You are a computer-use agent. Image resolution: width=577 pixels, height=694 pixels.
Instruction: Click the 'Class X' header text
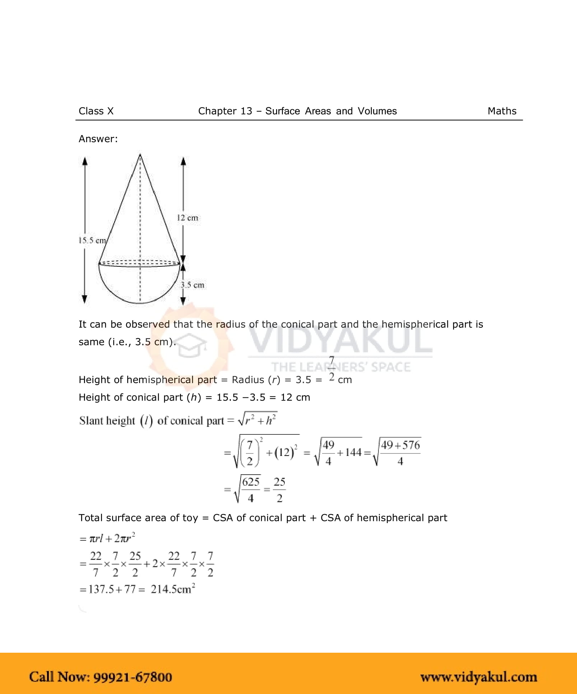[x=96, y=111]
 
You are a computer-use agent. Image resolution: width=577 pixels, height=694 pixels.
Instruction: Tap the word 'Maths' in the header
[x=502, y=111]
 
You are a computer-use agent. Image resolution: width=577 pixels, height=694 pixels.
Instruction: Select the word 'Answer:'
[x=98, y=139]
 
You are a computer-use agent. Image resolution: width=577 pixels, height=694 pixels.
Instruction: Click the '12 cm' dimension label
[x=187, y=218]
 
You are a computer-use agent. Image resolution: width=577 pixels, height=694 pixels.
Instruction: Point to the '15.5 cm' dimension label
[x=92, y=241]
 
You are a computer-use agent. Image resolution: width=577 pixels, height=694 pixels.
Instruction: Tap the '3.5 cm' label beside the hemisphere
[x=192, y=285]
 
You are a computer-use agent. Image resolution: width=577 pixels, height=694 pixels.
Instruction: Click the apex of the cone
[x=140, y=155]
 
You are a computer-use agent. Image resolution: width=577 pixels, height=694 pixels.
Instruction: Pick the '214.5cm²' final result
[x=173, y=589]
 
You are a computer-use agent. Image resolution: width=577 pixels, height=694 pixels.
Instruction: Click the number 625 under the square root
[x=251, y=482]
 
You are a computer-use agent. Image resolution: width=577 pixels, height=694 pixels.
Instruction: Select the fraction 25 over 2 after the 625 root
[x=279, y=490]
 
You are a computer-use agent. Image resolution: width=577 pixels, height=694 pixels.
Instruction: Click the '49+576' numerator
[x=400, y=445]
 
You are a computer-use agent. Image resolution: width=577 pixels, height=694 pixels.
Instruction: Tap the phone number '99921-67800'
[x=132, y=677]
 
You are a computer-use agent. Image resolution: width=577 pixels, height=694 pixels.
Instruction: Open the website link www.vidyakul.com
[x=479, y=677]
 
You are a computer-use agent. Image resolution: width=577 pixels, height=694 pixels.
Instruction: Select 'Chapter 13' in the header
[x=225, y=111]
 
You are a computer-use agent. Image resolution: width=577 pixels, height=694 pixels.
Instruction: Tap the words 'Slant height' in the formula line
[x=107, y=421]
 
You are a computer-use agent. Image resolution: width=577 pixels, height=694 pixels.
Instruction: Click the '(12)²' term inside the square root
[x=286, y=452]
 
